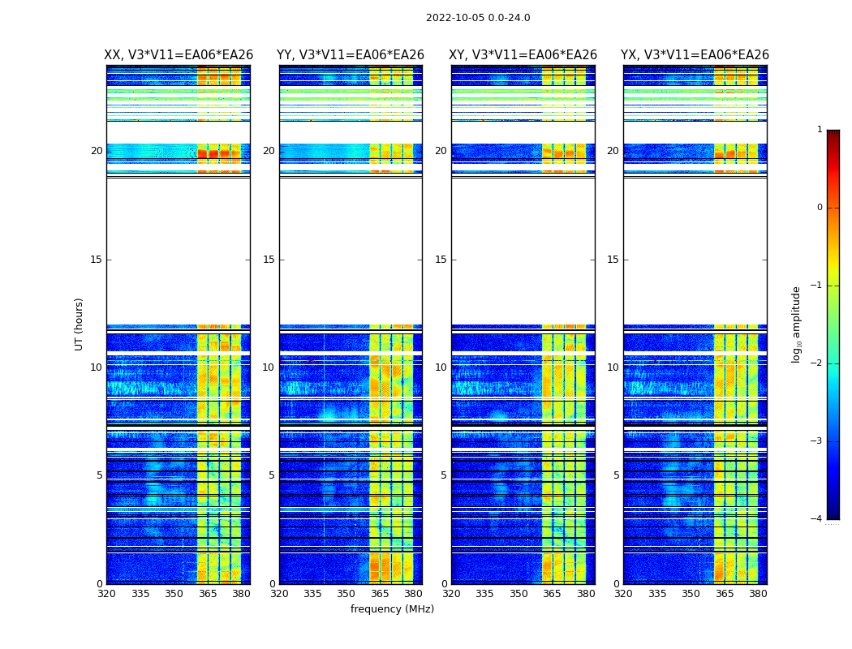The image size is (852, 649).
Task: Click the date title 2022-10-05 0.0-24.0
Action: click(x=478, y=18)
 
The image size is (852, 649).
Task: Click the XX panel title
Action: click(x=179, y=55)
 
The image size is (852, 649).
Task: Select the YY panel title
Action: click(x=351, y=55)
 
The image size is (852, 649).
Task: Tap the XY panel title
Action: click(x=523, y=55)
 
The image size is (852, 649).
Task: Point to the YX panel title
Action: click(x=695, y=55)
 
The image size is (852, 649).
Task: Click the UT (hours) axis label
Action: click(x=80, y=324)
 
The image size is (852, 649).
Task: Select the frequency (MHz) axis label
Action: click(x=392, y=609)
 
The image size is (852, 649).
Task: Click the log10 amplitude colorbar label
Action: click(x=797, y=324)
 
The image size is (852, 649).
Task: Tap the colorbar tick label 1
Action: click(x=820, y=130)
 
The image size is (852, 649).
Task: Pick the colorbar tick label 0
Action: click(x=820, y=208)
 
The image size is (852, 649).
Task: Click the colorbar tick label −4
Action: click(x=816, y=519)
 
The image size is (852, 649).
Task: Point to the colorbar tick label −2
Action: click(x=816, y=363)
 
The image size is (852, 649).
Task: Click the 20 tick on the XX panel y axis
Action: click(x=97, y=151)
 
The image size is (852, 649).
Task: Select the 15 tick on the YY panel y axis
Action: click(x=269, y=260)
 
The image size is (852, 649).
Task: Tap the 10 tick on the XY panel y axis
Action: click(x=441, y=367)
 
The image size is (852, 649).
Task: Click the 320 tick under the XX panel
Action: click(x=106, y=594)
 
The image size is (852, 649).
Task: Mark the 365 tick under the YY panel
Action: click(x=381, y=594)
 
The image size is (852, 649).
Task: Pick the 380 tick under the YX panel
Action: click(x=758, y=594)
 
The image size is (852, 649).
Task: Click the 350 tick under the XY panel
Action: click(x=519, y=594)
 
